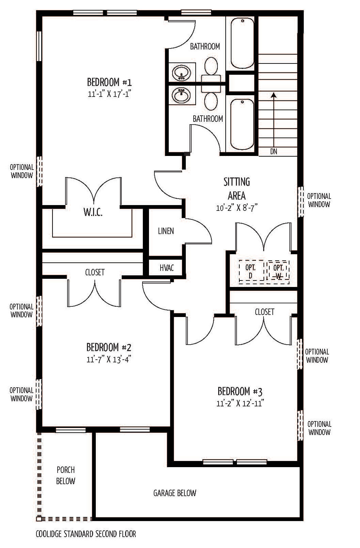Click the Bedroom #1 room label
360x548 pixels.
pos(109,82)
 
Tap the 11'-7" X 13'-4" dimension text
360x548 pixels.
pos(109,359)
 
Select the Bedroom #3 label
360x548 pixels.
pos(240,391)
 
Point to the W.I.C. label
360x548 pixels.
pos(93,212)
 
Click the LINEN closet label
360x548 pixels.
pos(166,231)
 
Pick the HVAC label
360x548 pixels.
pos(167,268)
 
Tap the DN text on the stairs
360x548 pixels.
pos(274,152)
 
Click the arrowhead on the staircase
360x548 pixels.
pos(274,95)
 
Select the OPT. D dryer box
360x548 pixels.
pos(251,271)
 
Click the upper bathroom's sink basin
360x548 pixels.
pos(181,72)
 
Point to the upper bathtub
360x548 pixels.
pos(242,43)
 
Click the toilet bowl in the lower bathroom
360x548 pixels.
pos(211,102)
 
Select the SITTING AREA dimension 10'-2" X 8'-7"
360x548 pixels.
pos(237,208)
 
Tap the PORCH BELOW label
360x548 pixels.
pos(65,475)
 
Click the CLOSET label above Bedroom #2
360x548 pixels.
pos(95,272)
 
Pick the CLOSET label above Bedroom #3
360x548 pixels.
pos(265,312)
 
